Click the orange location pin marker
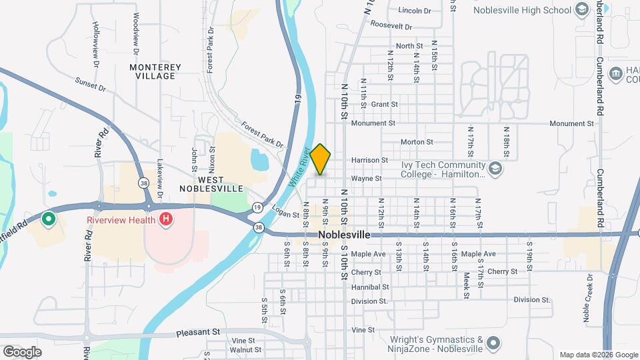321,159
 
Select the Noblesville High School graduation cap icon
582,10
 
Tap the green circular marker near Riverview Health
48,219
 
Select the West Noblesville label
210,184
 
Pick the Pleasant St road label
198,331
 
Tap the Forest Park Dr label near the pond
262,135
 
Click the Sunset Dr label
91,83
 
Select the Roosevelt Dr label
391,25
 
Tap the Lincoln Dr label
415,11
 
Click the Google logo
22,351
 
